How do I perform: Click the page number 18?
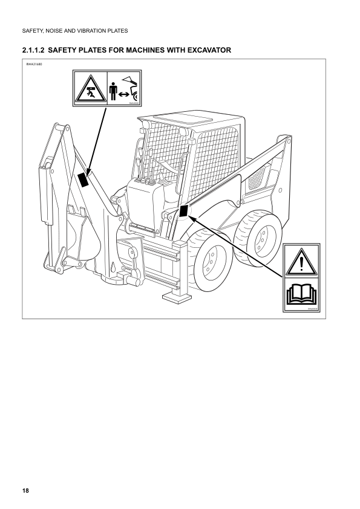click(x=24, y=489)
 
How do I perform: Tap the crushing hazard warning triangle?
click(x=90, y=89)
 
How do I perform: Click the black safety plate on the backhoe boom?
click(x=83, y=179)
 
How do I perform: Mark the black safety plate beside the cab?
click(x=185, y=210)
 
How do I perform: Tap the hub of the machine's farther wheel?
click(x=261, y=237)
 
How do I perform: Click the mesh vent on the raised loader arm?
click(x=258, y=177)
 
